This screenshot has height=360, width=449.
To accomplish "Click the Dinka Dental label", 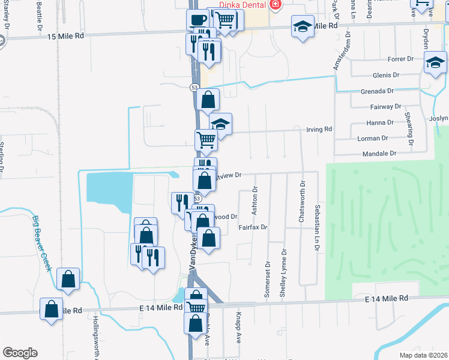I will click(243, 5).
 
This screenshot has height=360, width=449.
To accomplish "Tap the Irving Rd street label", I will click(319, 130).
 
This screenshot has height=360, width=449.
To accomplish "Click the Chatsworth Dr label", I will click(303, 202).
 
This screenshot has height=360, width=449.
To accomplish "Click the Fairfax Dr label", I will click(252, 227).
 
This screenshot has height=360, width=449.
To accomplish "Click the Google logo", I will click(20, 353).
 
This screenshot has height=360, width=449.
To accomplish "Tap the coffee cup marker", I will click(197, 20).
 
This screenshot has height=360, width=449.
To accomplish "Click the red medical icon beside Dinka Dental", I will click(276, 5).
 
